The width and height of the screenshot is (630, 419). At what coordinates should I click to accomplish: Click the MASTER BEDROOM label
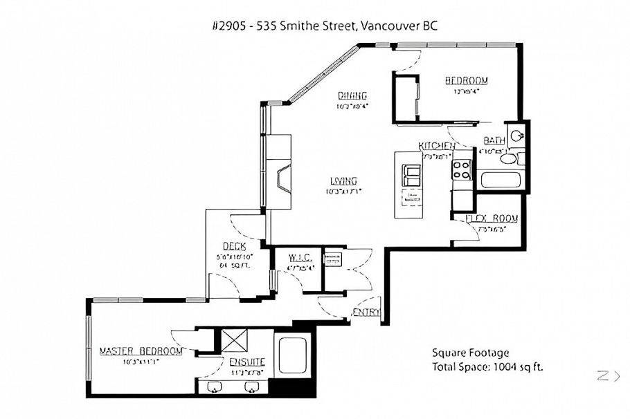coord(141,351)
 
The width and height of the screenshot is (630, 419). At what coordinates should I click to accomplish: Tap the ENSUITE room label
coord(247,361)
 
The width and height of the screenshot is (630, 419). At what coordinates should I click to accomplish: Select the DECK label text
coord(231,246)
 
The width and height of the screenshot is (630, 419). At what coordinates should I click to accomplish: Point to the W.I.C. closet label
coord(300,259)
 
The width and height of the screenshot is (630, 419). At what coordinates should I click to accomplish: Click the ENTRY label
coord(366,313)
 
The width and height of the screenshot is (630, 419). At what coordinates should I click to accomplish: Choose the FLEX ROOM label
coord(492,218)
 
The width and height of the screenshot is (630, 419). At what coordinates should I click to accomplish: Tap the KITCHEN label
coord(436,146)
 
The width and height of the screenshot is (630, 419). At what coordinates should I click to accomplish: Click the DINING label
coord(352,95)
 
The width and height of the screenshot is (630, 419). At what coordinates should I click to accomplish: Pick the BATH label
coord(494,140)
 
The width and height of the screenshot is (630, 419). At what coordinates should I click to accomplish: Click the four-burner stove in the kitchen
coord(462,169)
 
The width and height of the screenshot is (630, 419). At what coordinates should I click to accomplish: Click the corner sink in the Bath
coord(516,134)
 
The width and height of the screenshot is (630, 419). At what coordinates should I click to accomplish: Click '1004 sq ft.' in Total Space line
coord(519,367)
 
